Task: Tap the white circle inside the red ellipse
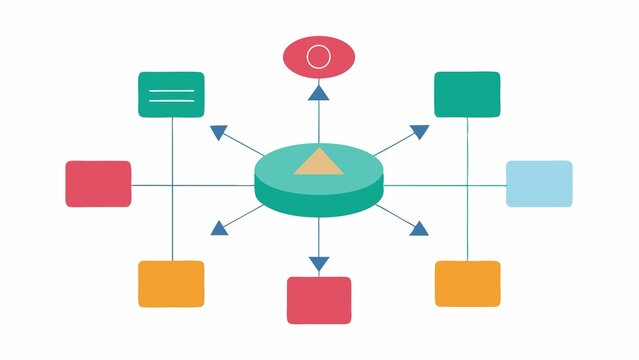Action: click(x=318, y=56)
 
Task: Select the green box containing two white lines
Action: click(x=171, y=94)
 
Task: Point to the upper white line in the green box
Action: click(x=171, y=91)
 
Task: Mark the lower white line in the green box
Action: click(x=171, y=101)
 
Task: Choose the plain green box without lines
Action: click(x=467, y=94)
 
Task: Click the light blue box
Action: click(x=539, y=183)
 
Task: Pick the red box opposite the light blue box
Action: click(x=98, y=184)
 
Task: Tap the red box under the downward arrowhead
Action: click(x=319, y=300)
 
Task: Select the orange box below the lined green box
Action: click(x=171, y=283)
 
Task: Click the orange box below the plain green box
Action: click(x=467, y=283)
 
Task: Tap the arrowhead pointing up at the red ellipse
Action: click(x=318, y=93)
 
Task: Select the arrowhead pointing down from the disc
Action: click(x=318, y=264)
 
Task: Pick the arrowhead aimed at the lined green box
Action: click(x=218, y=131)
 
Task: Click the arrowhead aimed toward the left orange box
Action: click(x=218, y=229)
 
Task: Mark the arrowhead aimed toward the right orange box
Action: click(x=418, y=229)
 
